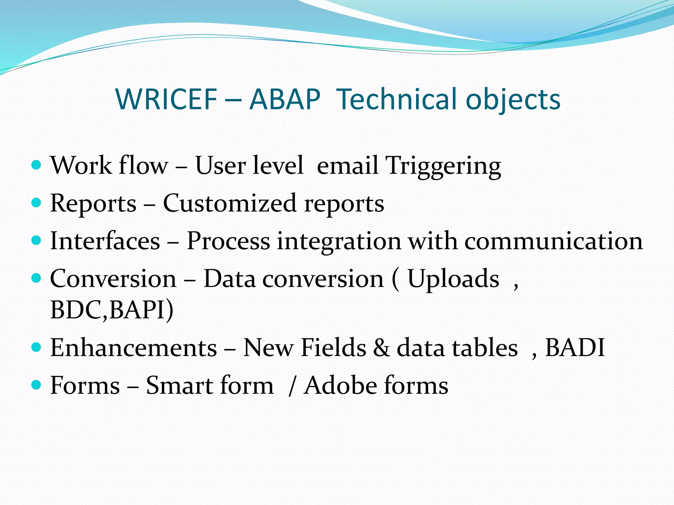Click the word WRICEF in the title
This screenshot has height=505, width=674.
pos(166,99)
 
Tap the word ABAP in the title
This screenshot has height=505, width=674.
pos(285,99)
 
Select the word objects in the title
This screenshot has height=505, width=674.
pos(513,100)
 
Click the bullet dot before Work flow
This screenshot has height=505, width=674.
pos(36,164)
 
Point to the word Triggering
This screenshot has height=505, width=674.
pos(443,165)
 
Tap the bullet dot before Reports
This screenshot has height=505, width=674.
pos(36,202)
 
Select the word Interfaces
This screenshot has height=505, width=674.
pos(105,241)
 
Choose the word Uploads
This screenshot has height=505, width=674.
pos(453,278)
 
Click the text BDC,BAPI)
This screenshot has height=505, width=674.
pos(112,309)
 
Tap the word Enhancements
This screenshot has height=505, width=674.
pos(134,348)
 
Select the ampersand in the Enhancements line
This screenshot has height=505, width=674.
pos(381,348)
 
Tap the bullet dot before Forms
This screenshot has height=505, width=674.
pos(36,384)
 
